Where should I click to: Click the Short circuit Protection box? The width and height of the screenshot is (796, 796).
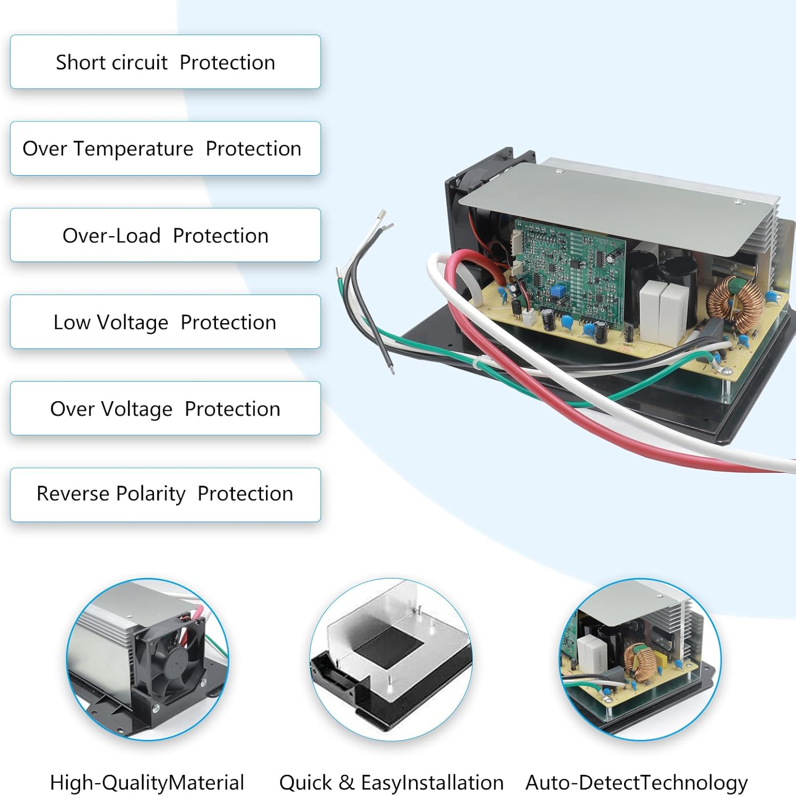coord(165,62)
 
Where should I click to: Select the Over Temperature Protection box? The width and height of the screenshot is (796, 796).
coord(165,149)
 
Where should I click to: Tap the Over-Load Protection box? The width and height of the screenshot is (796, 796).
coord(165,235)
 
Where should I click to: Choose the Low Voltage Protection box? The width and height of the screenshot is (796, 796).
coord(165,322)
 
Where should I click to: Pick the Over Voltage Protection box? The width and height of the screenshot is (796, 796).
coord(165,409)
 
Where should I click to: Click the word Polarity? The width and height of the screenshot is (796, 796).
coord(151,494)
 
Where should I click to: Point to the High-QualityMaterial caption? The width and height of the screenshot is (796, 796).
coord(146,782)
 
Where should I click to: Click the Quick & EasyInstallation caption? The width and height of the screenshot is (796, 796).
coord(391,782)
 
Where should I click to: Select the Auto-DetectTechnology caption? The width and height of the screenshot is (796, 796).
coord(636,782)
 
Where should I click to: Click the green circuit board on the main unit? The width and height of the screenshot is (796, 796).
coord(568,271)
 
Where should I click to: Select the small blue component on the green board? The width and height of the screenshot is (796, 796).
coord(557,290)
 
